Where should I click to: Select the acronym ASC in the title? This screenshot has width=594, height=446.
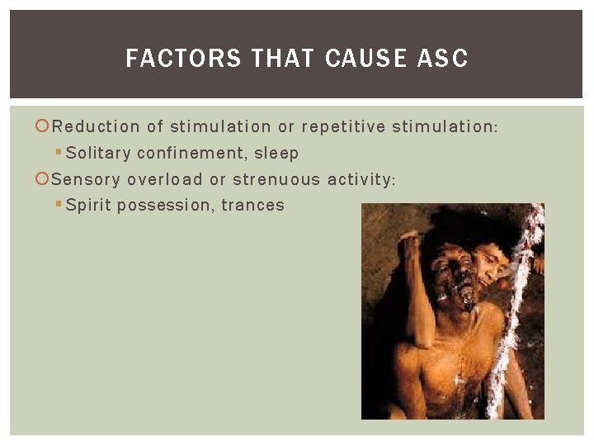(444, 59)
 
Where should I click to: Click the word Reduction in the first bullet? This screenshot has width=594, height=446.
(96, 126)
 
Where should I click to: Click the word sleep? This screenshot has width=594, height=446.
(277, 154)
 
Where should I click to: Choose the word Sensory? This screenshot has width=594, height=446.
(87, 179)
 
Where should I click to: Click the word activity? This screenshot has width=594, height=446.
(361, 179)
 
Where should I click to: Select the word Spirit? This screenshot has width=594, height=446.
(88, 206)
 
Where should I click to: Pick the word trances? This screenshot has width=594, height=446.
(253, 206)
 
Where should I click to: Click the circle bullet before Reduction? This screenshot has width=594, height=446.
(44, 126)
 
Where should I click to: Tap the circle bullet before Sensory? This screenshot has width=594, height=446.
(44, 179)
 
